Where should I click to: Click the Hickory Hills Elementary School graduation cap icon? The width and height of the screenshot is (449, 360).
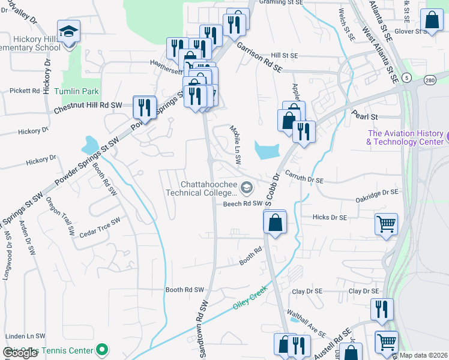(x=68, y=31)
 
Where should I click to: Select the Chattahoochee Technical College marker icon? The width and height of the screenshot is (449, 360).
(x=246, y=188)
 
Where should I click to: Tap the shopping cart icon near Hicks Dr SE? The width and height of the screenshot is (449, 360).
(x=386, y=224)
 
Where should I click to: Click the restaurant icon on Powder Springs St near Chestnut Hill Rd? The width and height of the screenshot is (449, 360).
(x=144, y=106)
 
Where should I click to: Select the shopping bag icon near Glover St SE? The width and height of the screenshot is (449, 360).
(x=432, y=19)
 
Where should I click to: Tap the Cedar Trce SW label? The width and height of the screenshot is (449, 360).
(x=100, y=220)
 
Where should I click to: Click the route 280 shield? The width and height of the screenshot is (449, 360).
(x=429, y=80)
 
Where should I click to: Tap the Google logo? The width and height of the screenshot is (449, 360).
(x=20, y=353)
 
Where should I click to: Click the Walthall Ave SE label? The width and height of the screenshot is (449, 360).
(x=306, y=324)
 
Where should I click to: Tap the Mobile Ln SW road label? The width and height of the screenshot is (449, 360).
(x=236, y=145)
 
